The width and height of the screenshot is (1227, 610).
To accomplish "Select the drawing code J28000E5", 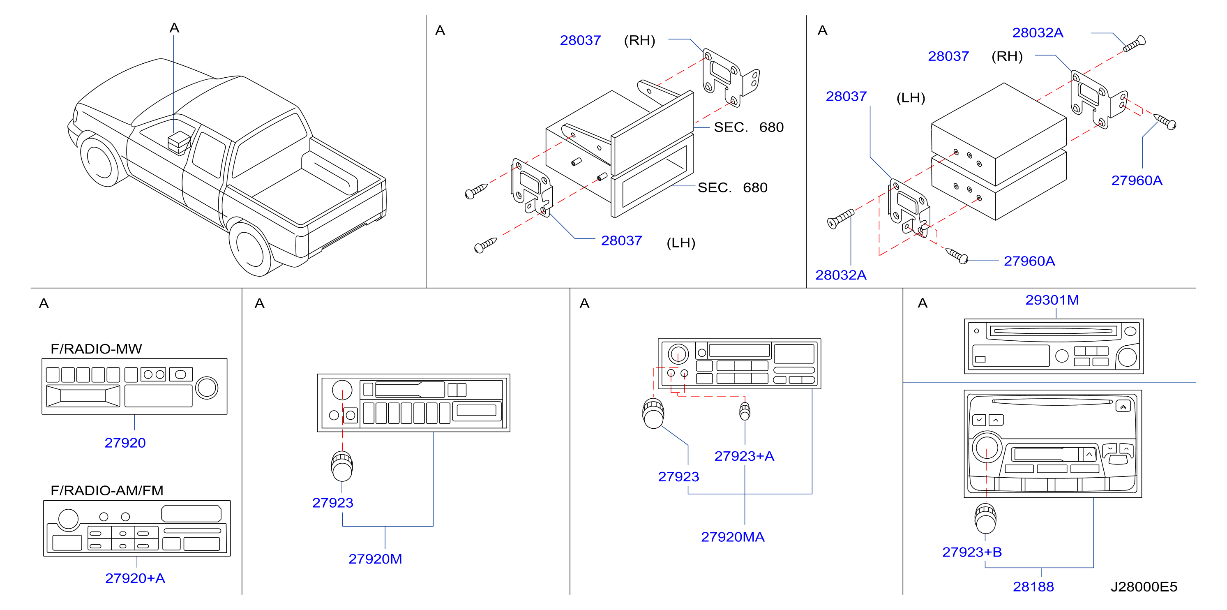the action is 1144,587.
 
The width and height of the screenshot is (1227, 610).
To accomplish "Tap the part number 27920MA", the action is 733,537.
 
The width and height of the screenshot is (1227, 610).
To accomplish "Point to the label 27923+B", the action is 972,552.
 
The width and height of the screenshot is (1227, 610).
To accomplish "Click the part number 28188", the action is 1033,587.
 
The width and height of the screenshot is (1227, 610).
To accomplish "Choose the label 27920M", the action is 375,559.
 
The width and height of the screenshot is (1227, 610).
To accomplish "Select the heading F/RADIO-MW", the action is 96,349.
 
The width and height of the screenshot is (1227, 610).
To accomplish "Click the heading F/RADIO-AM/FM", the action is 107,490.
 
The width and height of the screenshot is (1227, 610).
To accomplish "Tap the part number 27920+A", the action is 135,578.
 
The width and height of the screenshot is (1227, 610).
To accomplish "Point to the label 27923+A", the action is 744,456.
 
